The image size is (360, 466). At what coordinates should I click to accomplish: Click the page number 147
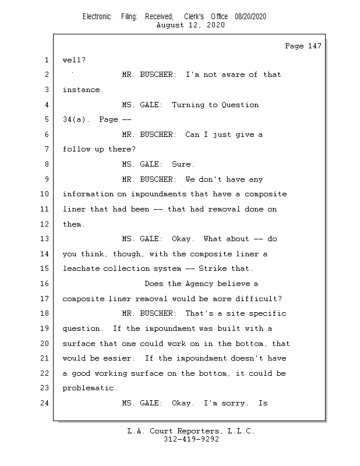pyautogui.click(x=315, y=46)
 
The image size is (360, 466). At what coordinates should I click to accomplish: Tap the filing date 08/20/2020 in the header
pyautogui.click(x=250, y=17)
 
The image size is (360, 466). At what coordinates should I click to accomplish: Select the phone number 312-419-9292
pyautogui.click(x=191, y=439)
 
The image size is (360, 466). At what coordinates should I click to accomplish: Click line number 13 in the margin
pyautogui.click(x=45, y=239)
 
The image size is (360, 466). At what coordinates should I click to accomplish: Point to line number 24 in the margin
pyautogui.click(x=45, y=403)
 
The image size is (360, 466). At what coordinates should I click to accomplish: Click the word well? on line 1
pyautogui.click(x=74, y=60)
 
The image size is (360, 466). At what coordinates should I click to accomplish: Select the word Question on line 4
pyautogui.click(x=240, y=105)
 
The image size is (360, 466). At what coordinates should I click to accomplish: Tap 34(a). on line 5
pyautogui.click(x=76, y=119)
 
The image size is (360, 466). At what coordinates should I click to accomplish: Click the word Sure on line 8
pyautogui.click(x=181, y=164)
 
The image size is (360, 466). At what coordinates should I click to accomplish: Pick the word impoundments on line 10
pyautogui.click(x=159, y=195)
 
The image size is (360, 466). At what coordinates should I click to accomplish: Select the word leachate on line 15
pyautogui.click(x=81, y=269)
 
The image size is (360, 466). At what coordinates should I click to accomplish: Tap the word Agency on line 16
pyautogui.click(x=199, y=284)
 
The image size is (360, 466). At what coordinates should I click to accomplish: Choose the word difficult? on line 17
pyautogui.click(x=259, y=299)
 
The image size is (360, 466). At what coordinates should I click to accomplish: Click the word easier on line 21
pyautogui.click(x=117, y=358)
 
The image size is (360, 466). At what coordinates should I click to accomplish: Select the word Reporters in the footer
pyautogui.click(x=198, y=431)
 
